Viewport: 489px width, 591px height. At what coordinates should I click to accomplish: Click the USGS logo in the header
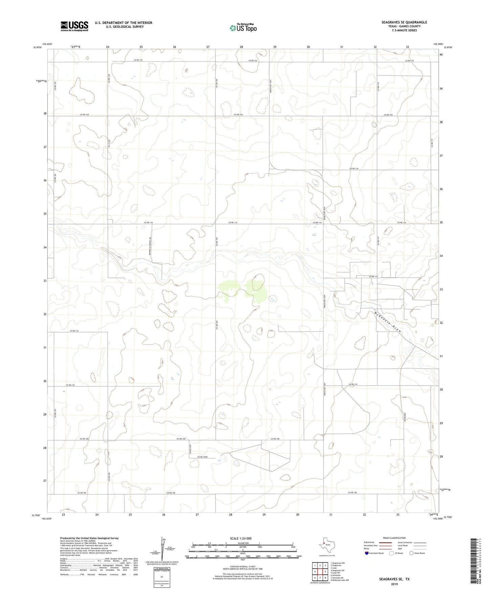point(74,26)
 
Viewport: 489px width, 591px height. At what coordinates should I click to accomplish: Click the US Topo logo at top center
point(243,27)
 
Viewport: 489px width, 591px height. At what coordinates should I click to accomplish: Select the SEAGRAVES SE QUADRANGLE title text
point(404,22)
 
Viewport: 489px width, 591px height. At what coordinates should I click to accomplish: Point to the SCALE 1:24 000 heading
point(243,539)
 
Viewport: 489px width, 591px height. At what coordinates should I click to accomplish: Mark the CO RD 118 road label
point(354,168)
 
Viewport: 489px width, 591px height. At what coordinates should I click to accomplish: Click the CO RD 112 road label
point(74,331)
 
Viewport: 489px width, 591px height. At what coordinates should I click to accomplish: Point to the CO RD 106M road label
point(202,457)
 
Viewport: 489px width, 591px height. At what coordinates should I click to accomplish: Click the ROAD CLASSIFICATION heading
point(394,538)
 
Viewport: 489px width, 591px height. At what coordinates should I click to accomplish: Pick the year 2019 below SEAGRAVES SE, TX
point(394,584)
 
